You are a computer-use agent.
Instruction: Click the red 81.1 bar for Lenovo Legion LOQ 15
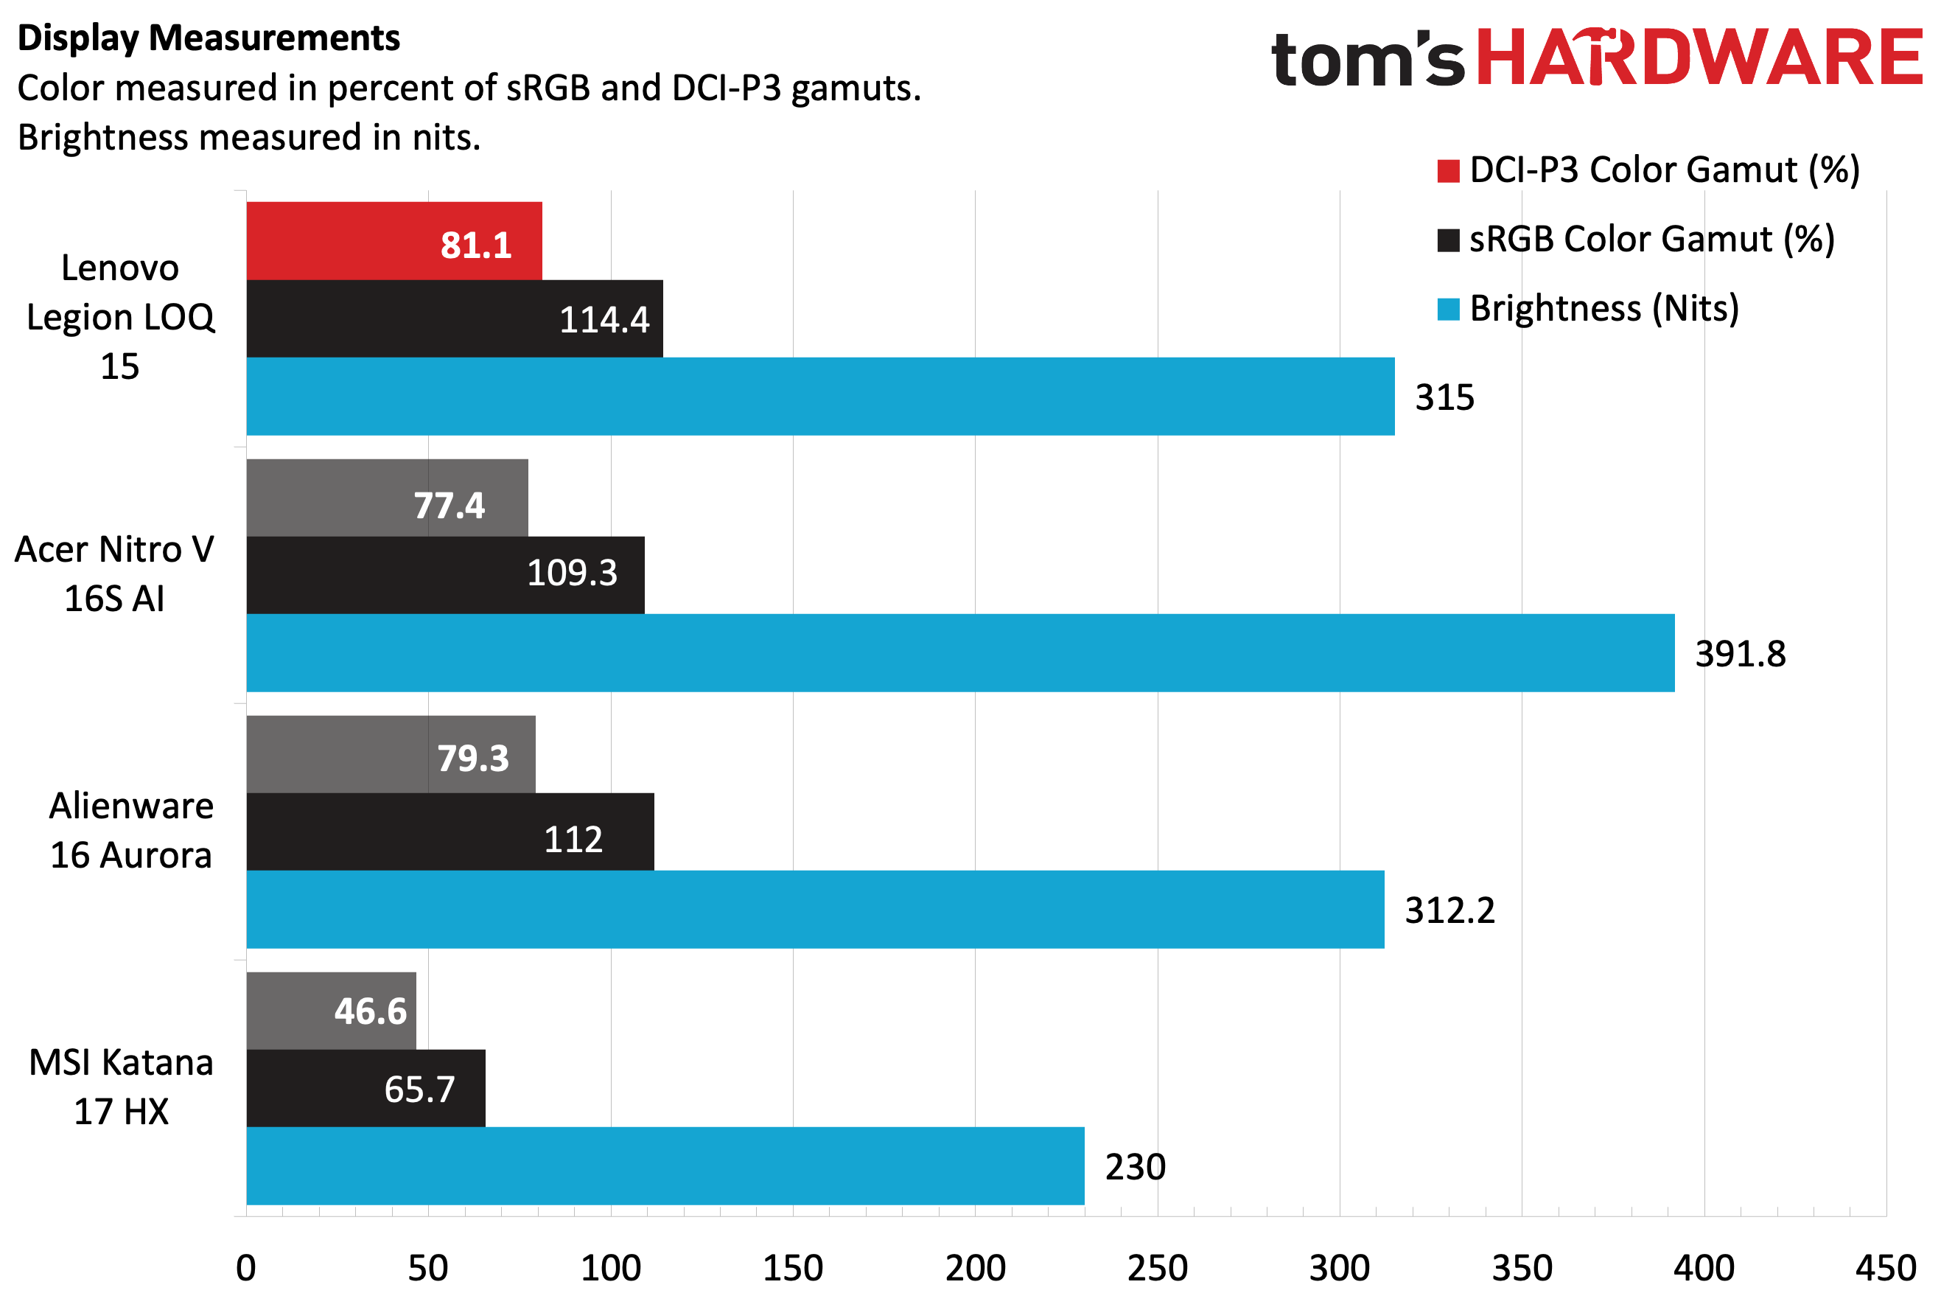pyautogui.click(x=394, y=241)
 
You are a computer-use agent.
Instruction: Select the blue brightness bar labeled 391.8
pyautogui.click(x=960, y=652)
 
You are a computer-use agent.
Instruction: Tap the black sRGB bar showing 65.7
pyautogui.click(x=365, y=1088)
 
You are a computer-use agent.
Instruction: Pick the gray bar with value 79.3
pyautogui.click(x=390, y=753)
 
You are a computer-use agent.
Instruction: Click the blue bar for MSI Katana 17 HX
pyautogui.click(x=665, y=1165)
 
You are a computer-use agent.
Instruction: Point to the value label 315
pyautogui.click(x=1444, y=397)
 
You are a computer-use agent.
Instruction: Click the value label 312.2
pyautogui.click(x=1449, y=910)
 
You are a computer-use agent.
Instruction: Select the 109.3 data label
pyautogui.click(x=572, y=573)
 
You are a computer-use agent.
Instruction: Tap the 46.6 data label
pyautogui.click(x=370, y=1011)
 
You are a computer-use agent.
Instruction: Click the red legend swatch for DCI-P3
pyautogui.click(x=1448, y=171)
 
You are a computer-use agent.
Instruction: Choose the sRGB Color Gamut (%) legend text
pyautogui.click(x=1651, y=240)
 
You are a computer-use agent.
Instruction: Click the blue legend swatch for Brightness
pyautogui.click(x=1448, y=310)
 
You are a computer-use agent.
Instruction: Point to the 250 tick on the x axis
pyautogui.click(x=1157, y=1268)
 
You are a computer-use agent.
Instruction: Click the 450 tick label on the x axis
pyautogui.click(x=1885, y=1268)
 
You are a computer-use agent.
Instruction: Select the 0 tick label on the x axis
pyautogui.click(x=246, y=1268)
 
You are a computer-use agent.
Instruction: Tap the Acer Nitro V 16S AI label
pyautogui.click(x=115, y=574)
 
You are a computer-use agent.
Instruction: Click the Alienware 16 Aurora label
pyautogui.click(x=131, y=830)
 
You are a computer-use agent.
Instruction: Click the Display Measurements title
pyautogui.click(x=209, y=38)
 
